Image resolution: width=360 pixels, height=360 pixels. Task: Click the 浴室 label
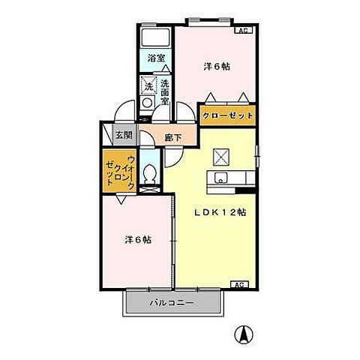point(156,58)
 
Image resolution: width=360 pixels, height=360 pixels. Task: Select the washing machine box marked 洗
point(149,86)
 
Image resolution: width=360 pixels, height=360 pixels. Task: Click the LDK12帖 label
point(221,212)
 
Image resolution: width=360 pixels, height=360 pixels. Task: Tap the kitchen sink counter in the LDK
point(232,179)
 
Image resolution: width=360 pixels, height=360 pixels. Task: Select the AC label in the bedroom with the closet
point(242,31)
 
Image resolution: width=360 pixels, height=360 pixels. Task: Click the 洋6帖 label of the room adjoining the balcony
point(138,240)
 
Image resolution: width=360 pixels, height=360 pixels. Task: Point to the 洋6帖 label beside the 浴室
point(217,66)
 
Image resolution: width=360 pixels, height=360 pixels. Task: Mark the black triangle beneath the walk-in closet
point(120,199)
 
